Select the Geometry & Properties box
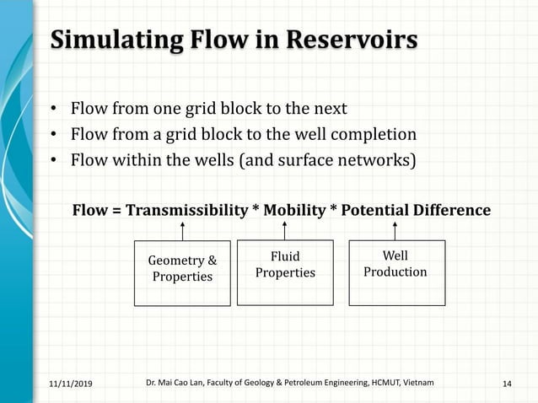tap(182, 273)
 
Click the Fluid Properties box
tap(285, 271)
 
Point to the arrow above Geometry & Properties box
tap(182, 230)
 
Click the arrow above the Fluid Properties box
tap(285, 229)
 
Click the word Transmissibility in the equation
tap(185, 210)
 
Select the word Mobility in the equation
tap(291, 210)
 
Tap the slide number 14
tap(507, 384)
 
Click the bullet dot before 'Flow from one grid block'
tap(53, 110)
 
